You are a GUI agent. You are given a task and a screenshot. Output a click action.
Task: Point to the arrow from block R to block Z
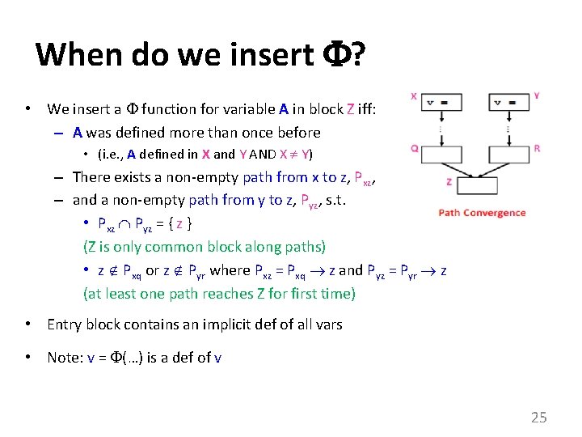(x=493, y=168)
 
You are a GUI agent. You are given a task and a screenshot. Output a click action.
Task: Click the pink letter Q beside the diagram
(x=414, y=148)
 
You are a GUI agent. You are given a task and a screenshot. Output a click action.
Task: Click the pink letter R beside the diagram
(x=537, y=149)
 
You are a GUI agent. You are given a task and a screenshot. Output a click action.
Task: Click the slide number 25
(x=538, y=418)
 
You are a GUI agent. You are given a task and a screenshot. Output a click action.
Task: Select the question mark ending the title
(x=356, y=55)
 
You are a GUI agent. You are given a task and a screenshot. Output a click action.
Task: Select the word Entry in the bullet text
(x=65, y=325)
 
